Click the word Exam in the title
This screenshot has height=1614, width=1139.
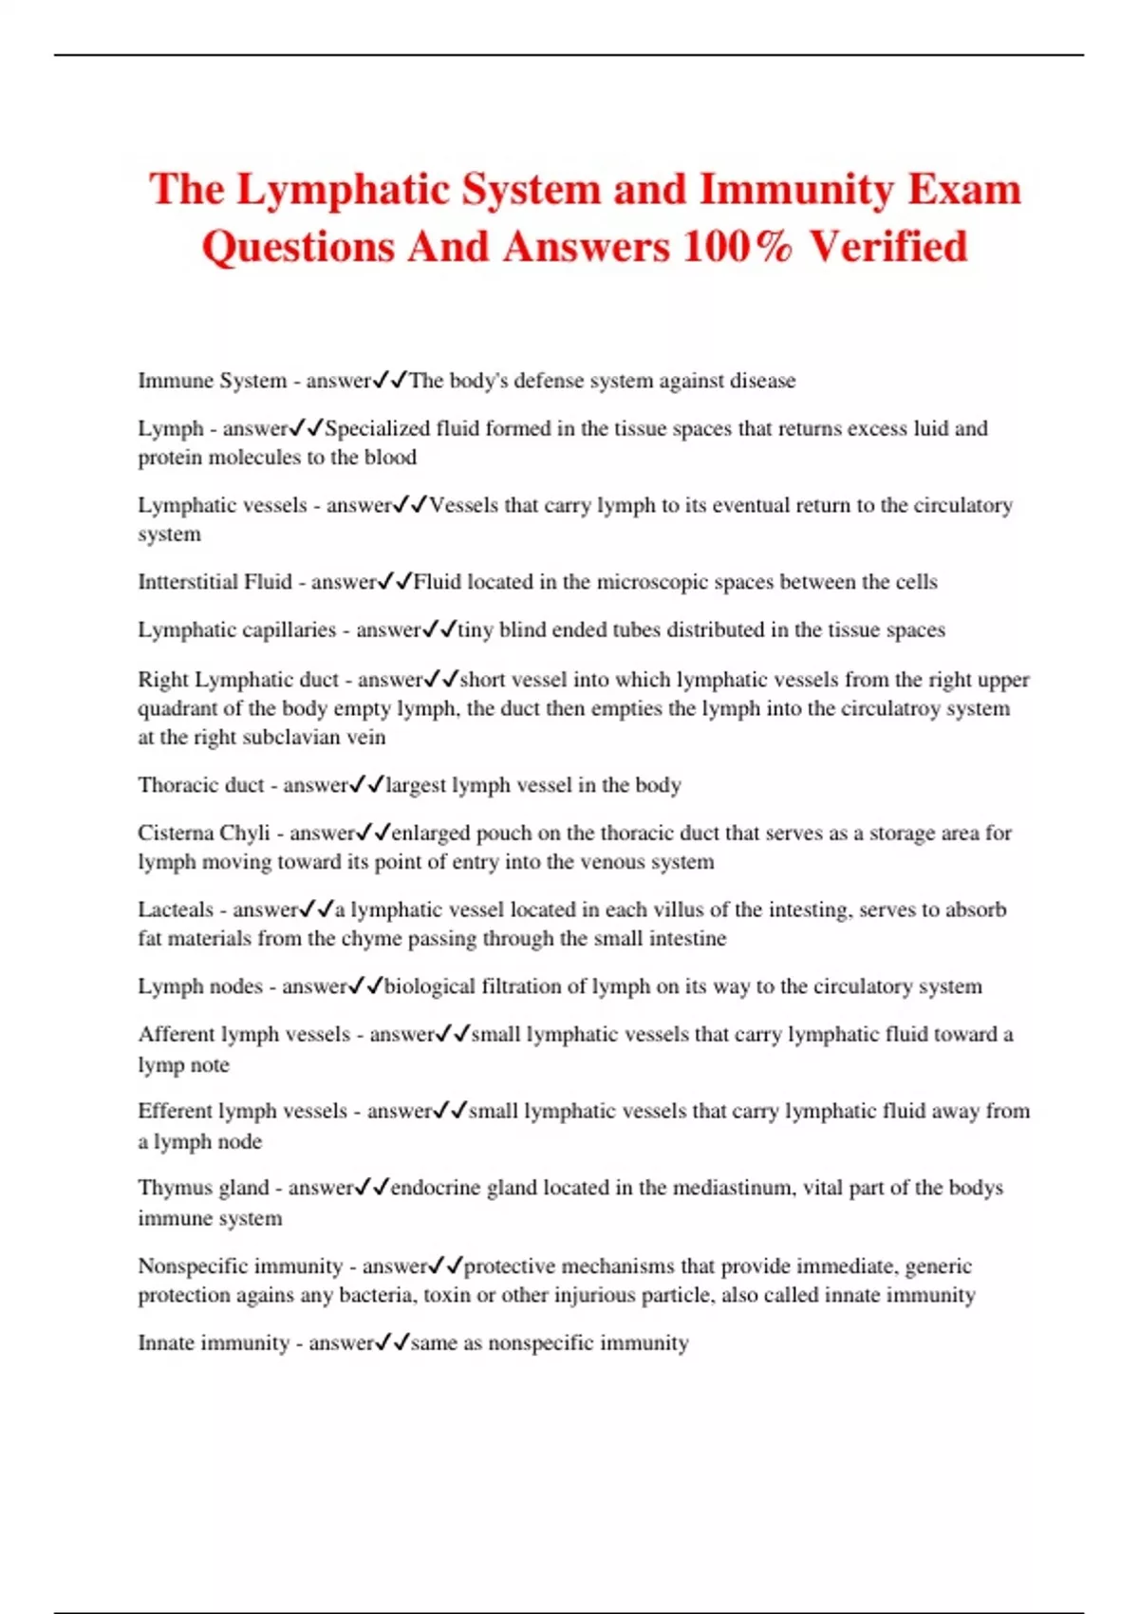tap(964, 189)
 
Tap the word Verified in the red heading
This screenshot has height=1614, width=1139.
tap(888, 247)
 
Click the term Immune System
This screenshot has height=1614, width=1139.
tap(212, 381)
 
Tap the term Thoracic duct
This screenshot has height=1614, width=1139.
tap(201, 785)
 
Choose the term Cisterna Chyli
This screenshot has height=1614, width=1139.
tap(204, 833)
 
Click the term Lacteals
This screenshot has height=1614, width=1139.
tap(176, 910)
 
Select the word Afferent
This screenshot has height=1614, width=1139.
tap(176, 1034)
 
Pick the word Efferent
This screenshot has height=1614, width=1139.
tap(175, 1111)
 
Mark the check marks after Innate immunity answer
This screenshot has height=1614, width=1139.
tap(393, 1342)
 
